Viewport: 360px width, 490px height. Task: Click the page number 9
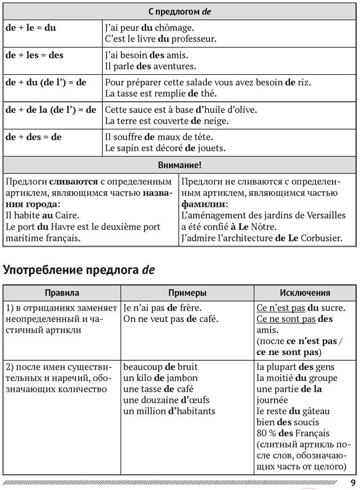pyautogui.click(x=352, y=483)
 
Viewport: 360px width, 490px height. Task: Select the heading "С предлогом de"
pyautogui.click(x=179, y=11)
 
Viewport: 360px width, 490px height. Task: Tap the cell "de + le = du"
pyautogui.click(x=31, y=28)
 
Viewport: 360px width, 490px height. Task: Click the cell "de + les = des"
pyautogui.click(x=34, y=55)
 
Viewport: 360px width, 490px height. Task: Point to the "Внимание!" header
pyautogui.click(x=179, y=165)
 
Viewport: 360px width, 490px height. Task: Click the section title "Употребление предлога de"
pyautogui.click(x=79, y=270)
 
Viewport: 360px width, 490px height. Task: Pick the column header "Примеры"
pyautogui.click(x=187, y=293)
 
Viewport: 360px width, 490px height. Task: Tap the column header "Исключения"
pyautogui.click(x=305, y=293)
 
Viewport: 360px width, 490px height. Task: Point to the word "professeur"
pyautogui.click(x=190, y=39)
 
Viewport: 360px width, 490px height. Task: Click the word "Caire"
pyautogui.click(x=66, y=215)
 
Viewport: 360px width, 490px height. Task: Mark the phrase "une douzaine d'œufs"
pyautogui.click(x=161, y=400)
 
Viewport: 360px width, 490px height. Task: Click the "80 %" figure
pyautogui.click(x=266, y=433)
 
